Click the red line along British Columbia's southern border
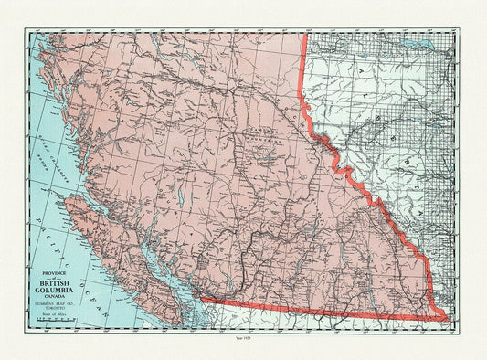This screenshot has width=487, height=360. click(320, 309)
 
